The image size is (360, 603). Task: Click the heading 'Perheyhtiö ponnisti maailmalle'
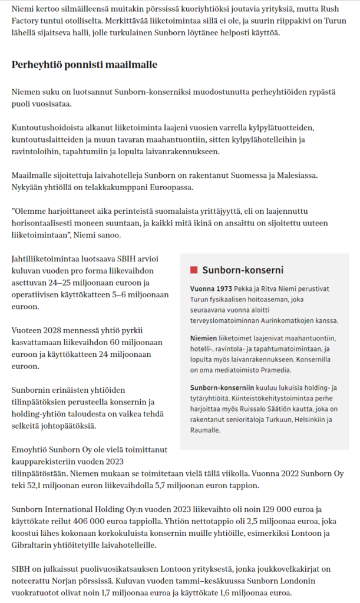(x=84, y=64)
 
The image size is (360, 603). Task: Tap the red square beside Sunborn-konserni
(x=193, y=270)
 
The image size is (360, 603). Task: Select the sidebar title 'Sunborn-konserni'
(x=243, y=270)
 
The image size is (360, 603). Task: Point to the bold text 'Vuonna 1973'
(x=210, y=289)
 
